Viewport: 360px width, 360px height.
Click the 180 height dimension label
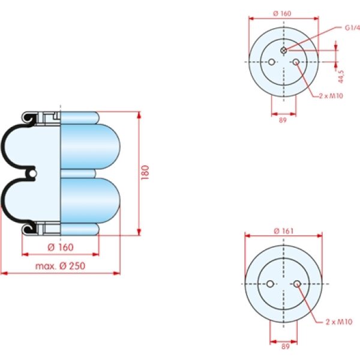coord(145,172)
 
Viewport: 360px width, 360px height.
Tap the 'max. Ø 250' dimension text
coord(60,266)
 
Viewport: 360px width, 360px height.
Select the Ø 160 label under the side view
coord(61,247)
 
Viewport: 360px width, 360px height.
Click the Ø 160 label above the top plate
coord(283,13)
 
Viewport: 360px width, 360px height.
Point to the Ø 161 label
coord(284,231)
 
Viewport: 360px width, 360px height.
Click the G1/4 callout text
coord(352,28)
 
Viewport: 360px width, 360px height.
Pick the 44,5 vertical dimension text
coord(341,77)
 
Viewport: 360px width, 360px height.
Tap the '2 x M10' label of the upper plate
coord(331,96)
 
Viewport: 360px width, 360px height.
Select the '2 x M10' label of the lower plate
coord(339,322)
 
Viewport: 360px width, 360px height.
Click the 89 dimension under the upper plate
coord(283,120)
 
